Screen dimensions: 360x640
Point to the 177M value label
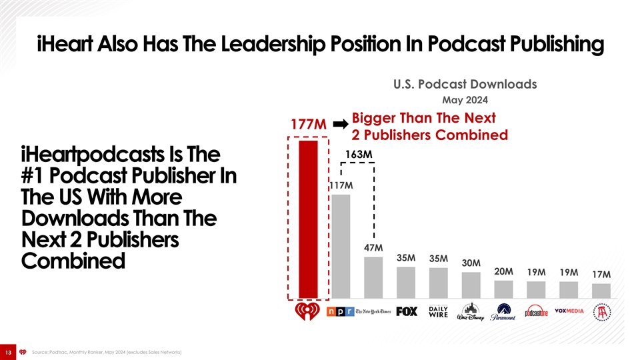pos(308,125)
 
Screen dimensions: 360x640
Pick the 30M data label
pos(471,263)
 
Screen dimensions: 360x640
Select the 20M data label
pos(503,271)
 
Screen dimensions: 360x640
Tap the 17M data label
pos(601,274)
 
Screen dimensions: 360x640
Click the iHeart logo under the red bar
pos(308,312)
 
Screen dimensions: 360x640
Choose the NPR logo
pos(340,312)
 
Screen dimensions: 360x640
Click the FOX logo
pos(407,312)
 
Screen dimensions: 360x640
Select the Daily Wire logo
pos(439,312)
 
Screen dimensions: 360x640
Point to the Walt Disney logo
pos(471,313)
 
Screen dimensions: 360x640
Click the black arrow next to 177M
pos(340,124)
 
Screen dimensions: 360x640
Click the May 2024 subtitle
pos(465,101)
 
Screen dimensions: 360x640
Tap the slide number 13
pos(9,352)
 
